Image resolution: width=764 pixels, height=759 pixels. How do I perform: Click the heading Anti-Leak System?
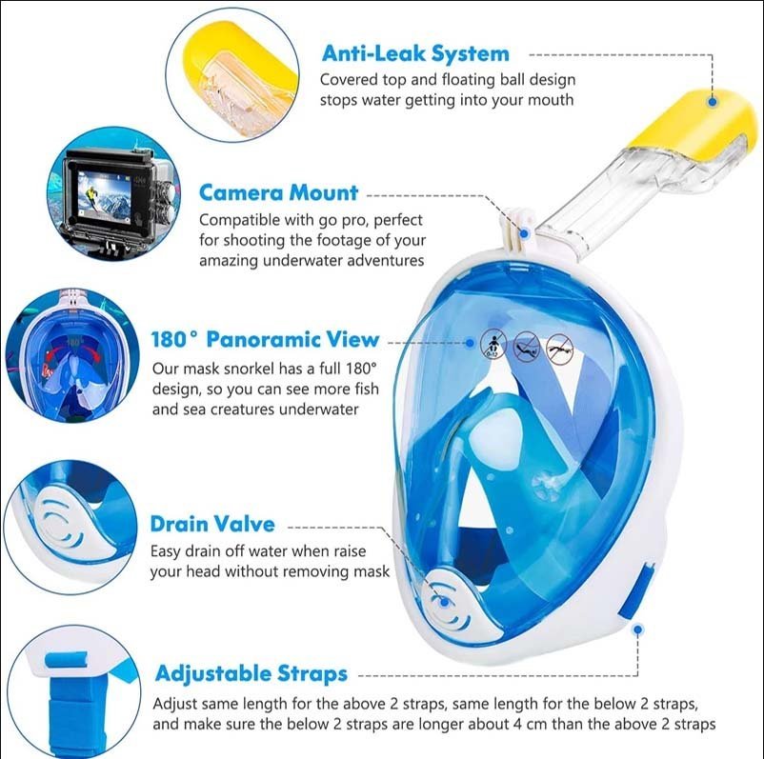coord(415,53)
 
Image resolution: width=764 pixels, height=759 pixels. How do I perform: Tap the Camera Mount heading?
coord(278,192)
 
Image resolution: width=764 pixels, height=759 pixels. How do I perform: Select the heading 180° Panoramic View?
coord(265,339)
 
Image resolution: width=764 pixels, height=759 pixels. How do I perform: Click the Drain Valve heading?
coord(212,524)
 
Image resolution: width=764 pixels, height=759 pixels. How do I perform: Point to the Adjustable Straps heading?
coord(251,673)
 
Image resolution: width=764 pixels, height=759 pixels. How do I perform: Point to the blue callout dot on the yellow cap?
coord(712,102)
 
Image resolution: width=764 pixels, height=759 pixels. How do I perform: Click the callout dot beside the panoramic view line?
coord(470,343)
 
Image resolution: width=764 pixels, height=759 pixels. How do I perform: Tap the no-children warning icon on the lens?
coord(493,343)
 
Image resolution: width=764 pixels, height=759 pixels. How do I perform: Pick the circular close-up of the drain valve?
coord(70,526)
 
